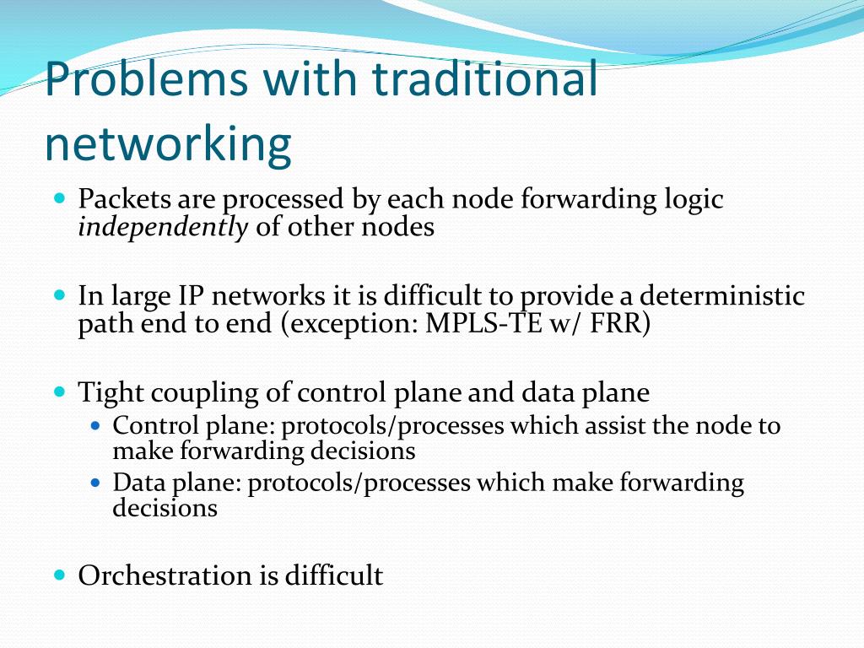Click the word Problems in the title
tap(146, 80)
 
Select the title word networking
tap(168, 144)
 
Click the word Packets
tap(127, 200)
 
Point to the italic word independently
tap(163, 227)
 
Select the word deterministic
tap(721, 296)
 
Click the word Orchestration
tap(165, 575)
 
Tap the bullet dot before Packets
tap(59, 200)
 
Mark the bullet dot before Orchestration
tap(59, 575)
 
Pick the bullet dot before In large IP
tap(59, 296)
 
